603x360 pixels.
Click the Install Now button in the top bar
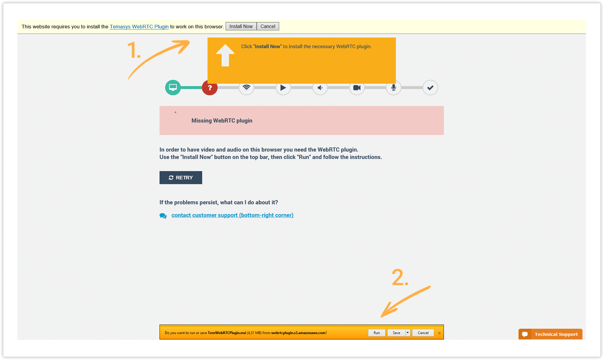[x=241, y=26]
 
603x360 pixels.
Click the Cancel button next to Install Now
[x=268, y=26]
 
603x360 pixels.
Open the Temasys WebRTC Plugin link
[x=139, y=26]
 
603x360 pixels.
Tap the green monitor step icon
[x=173, y=87]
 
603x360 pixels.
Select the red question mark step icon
[x=210, y=88]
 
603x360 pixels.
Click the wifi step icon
[x=246, y=88]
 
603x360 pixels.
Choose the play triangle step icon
[x=283, y=88]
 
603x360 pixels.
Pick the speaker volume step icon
[x=320, y=88]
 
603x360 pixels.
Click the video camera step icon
[x=357, y=88]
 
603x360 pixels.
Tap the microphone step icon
[x=393, y=88]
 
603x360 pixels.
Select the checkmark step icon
[x=430, y=88]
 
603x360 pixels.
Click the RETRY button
[x=181, y=178]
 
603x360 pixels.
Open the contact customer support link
[x=232, y=215]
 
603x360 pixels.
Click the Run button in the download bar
[x=377, y=333]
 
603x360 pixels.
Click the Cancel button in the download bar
[x=423, y=333]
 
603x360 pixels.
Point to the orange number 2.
[x=400, y=278]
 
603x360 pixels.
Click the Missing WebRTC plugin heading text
[x=222, y=121]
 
